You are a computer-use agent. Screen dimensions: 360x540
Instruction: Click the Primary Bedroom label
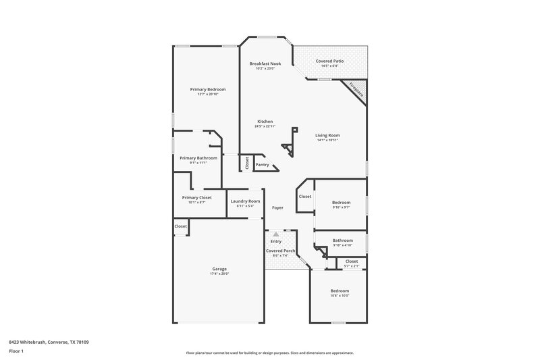(207, 89)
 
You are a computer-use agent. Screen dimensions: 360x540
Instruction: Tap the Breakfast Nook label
(265, 63)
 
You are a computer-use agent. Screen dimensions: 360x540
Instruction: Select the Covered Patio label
(329, 61)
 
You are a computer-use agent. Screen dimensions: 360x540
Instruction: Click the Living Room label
(327, 135)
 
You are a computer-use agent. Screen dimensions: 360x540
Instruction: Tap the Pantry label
(262, 164)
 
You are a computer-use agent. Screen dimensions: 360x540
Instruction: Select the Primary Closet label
(196, 197)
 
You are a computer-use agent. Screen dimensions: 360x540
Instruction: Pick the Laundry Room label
(245, 201)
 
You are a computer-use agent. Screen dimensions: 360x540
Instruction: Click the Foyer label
(277, 208)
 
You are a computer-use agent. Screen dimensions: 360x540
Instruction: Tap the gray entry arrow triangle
(275, 234)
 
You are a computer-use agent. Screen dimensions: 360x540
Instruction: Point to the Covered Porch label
(280, 251)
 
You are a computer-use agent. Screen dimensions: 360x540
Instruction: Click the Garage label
(219, 268)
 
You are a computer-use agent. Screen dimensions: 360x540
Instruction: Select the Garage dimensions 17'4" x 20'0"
(219, 274)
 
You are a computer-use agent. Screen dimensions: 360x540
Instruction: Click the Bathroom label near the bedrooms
(342, 240)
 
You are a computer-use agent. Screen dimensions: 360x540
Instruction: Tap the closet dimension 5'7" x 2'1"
(352, 266)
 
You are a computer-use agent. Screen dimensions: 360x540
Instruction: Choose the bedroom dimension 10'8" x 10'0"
(340, 296)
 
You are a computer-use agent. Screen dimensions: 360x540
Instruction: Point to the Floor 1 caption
(17, 352)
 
